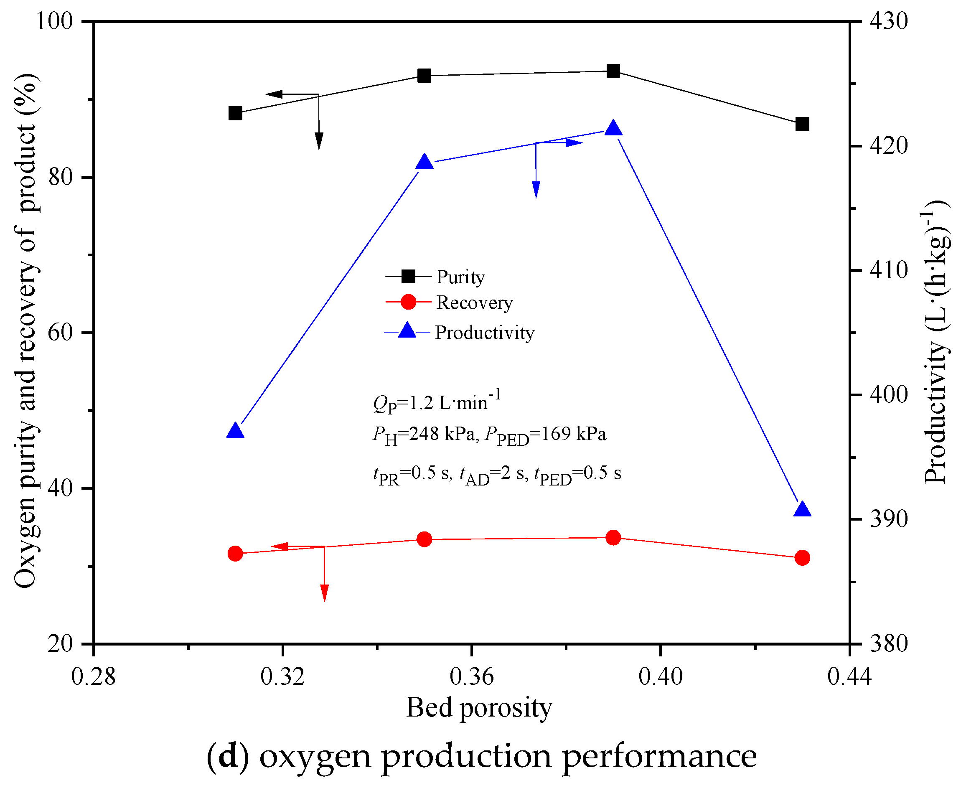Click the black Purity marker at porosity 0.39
(x=613, y=71)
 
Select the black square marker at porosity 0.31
(x=235, y=113)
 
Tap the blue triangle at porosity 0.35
(x=425, y=162)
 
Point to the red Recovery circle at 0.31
(x=235, y=553)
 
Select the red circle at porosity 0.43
(x=802, y=557)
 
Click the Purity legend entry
(x=460, y=277)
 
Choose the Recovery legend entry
(x=474, y=302)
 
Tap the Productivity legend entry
(x=484, y=333)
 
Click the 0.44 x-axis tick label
(x=849, y=677)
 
